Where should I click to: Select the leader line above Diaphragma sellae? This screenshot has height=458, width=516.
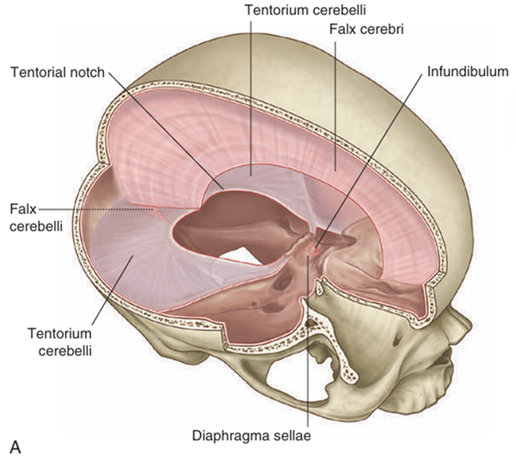tap(307, 348)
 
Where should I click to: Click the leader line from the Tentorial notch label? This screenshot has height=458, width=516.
tap(167, 130)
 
